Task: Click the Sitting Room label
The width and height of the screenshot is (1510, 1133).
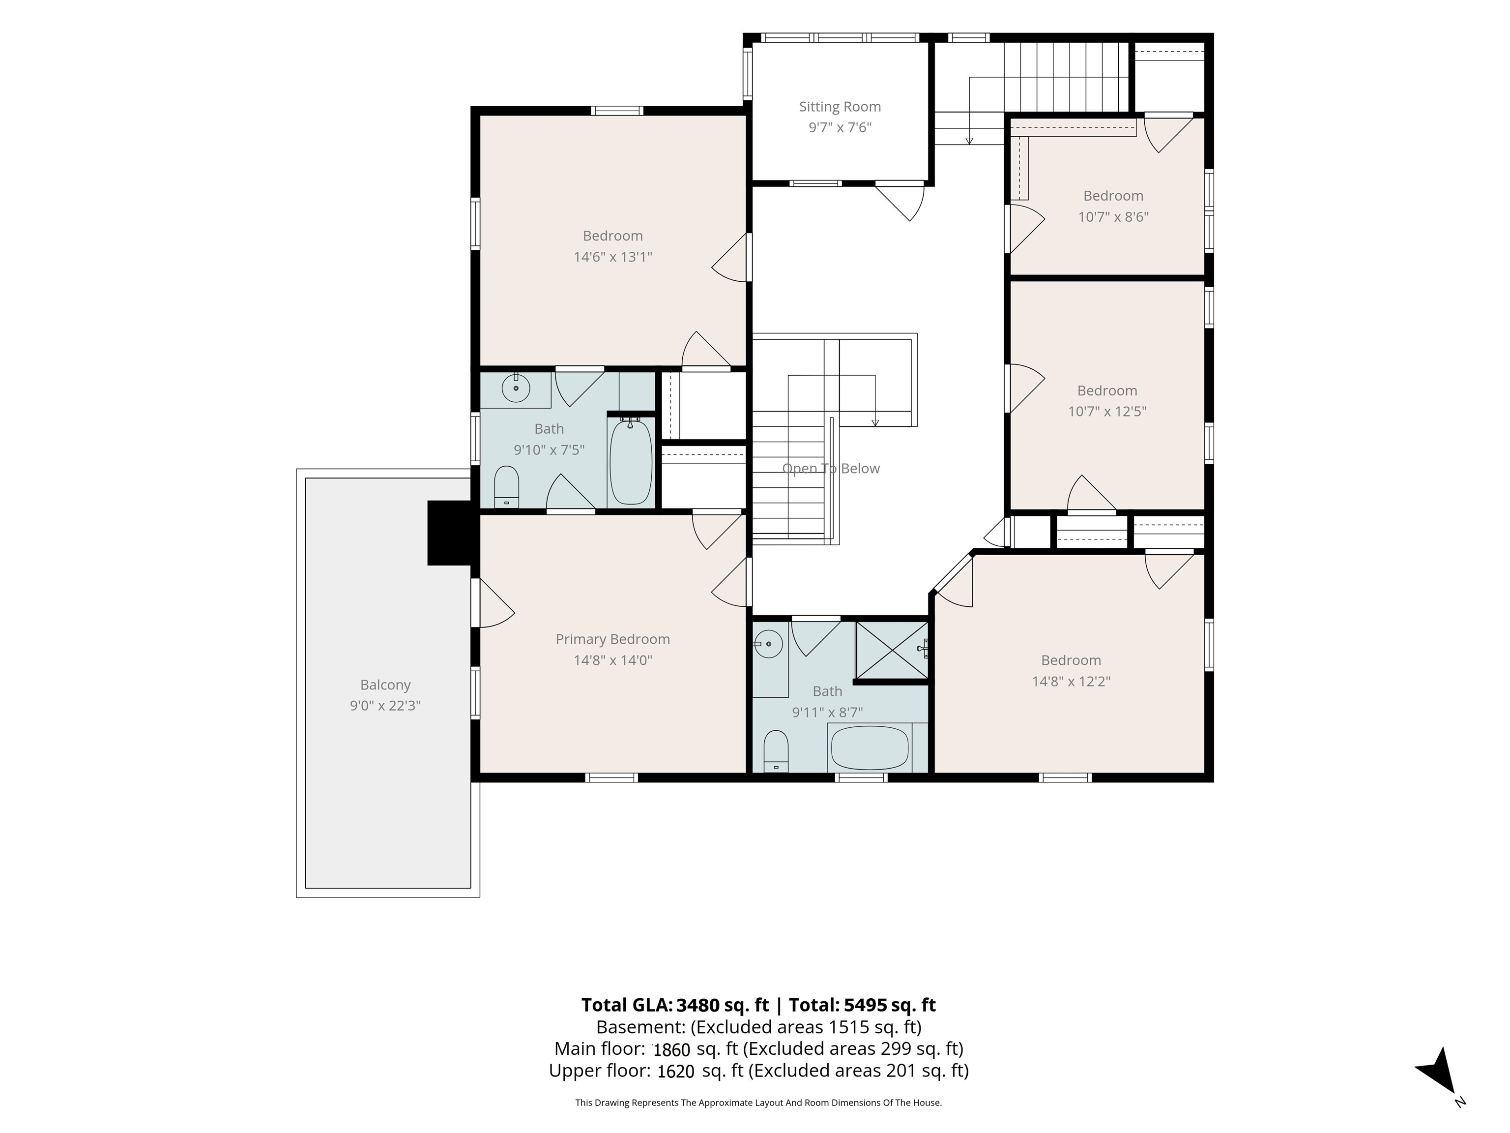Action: tap(840, 107)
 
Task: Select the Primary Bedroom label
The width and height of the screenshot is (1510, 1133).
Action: tap(612, 639)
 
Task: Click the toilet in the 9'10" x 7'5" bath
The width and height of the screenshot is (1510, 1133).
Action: tap(506, 487)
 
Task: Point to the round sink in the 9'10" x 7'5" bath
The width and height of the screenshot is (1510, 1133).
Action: tap(516, 388)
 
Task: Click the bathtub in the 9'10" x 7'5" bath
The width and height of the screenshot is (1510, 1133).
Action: tap(631, 462)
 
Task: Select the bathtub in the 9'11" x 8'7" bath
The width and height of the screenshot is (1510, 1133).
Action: tap(869, 748)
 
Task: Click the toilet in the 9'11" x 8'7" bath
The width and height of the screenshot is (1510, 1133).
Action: tap(776, 751)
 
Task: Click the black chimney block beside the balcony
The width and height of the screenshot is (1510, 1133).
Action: tap(449, 533)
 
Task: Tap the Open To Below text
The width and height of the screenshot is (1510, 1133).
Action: tap(831, 469)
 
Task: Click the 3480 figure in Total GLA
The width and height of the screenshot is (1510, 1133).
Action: tap(697, 1005)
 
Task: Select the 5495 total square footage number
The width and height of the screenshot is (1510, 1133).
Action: tap(866, 1005)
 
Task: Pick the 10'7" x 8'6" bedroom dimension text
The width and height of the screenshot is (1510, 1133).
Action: tap(1113, 217)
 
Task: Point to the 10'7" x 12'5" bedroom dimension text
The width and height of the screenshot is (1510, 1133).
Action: tap(1107, 412)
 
